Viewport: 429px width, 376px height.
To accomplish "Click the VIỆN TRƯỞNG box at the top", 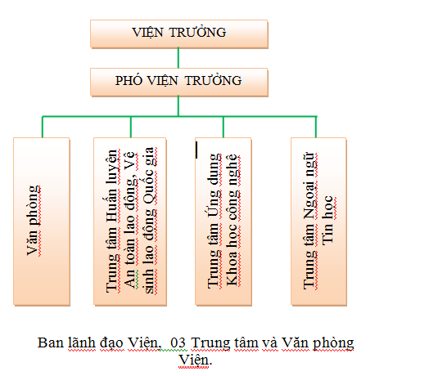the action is click(179, 34).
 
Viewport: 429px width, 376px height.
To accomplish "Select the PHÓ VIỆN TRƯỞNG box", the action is click(179, 82).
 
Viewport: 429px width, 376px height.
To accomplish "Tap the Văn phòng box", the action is click(42, 222).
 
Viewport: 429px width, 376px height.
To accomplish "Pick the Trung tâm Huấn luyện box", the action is click(130, 222).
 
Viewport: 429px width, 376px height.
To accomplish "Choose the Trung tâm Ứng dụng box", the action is click(224, 222).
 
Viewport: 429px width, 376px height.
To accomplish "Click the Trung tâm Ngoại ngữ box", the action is click(318, 222).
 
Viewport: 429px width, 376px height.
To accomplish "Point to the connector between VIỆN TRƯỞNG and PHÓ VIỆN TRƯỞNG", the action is click(178, 58).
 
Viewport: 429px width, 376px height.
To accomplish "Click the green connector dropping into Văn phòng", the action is click(43, 127).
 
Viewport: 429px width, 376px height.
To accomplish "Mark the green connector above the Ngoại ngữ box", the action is click(316, 127).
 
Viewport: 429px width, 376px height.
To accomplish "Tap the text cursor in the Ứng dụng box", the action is click(196, 150).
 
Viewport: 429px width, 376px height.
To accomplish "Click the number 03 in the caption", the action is click(178, 342).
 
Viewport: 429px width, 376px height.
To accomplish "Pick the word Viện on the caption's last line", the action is click(196, 360).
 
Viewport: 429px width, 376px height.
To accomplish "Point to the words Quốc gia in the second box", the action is click(149, 176).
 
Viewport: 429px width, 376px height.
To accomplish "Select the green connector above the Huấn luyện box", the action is click(131, 127).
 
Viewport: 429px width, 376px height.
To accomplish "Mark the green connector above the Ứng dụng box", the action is click(224, 127).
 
